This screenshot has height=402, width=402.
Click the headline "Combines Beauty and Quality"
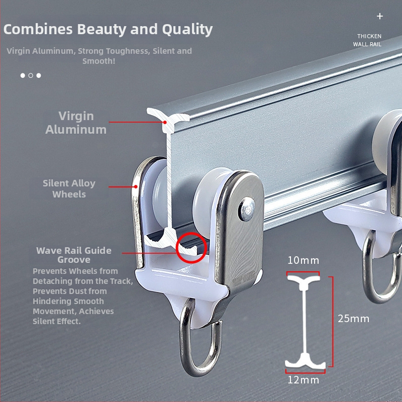pos(108,29)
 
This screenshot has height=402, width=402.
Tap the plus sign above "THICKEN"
pos(380,16)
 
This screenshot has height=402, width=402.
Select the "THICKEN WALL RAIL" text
pos(369,40)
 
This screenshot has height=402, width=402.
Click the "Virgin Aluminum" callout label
pos(76,123)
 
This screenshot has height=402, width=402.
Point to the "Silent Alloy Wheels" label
pos(69,188)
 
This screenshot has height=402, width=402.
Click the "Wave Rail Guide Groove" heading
pos(74,255)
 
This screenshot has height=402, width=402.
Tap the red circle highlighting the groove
pos(191,247)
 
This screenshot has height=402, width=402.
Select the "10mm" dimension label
pos(303,260)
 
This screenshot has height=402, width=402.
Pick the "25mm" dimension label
pos(353,319)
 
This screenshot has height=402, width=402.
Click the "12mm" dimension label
pos(304,380)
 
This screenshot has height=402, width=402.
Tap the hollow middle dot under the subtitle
pos(31,75)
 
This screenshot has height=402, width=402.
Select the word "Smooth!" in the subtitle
pos(99,61)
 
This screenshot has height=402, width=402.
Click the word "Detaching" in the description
pos(56,281)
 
